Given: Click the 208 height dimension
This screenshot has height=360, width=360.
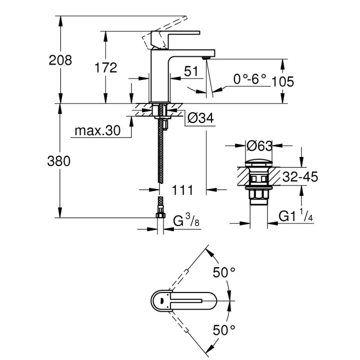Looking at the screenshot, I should (x=60, y=60).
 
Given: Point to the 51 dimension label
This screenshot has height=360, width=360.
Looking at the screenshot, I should (x=191, y=71).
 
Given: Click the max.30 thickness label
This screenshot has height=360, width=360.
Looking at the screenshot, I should (x=98, y=131).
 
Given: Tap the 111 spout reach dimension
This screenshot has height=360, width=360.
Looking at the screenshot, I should (x=183, y=189).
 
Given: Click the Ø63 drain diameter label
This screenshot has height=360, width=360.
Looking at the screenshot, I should (x=260, y=146).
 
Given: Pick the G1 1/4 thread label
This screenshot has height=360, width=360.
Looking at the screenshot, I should (x=295, y=217).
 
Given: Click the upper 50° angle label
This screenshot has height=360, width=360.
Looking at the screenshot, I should (x=224, y=272).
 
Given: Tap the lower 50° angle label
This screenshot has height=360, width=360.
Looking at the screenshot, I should (x=224, y=330).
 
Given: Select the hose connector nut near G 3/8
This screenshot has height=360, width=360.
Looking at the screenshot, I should (x=160, y=214).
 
